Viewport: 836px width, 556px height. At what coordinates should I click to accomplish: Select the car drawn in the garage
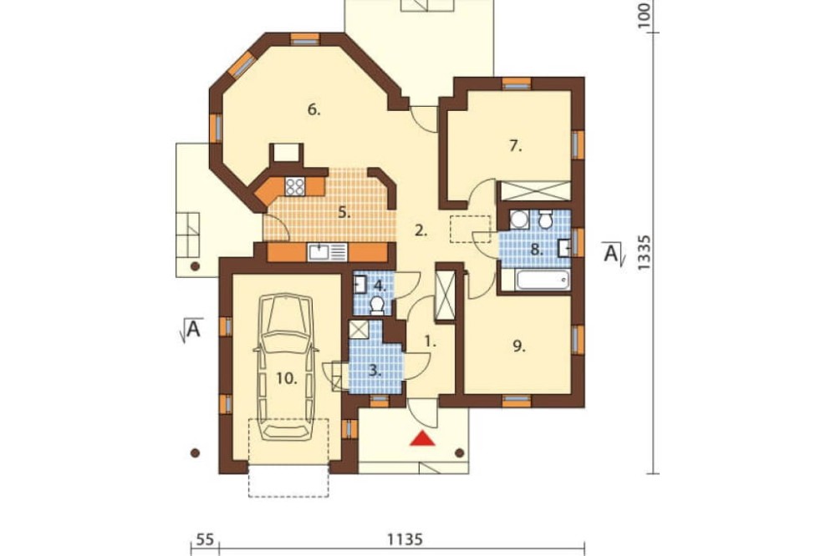286,366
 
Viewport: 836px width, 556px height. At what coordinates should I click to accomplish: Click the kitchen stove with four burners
295,186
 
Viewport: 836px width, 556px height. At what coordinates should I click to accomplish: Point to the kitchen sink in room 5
327,252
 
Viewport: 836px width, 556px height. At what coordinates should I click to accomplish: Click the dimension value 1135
405,539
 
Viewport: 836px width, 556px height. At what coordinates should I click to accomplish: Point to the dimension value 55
206,539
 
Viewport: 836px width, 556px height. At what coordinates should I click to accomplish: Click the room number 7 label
515,146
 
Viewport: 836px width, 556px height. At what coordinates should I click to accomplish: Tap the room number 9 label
519,346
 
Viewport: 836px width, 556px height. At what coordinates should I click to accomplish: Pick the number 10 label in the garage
286,379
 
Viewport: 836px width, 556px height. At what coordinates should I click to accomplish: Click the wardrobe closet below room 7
534,190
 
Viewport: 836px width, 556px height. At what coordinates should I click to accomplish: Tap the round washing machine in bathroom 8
519,219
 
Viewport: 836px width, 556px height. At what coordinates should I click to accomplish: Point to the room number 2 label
421,230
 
